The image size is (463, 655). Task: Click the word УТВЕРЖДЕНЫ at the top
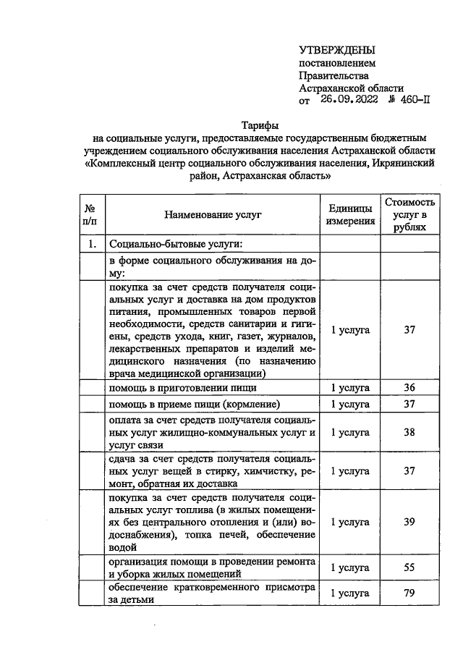[x=337, y=50]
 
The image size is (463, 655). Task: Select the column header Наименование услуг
[x=212, y=215]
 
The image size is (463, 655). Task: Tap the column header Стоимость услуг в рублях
[x=410, y=215]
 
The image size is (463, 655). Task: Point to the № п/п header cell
[x=90, y=215]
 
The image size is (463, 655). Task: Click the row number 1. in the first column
[x=90, y=244]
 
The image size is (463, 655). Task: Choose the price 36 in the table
[x=409, y=387]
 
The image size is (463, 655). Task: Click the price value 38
[x=409, y=432]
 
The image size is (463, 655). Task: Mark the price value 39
[x=409, y=521]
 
